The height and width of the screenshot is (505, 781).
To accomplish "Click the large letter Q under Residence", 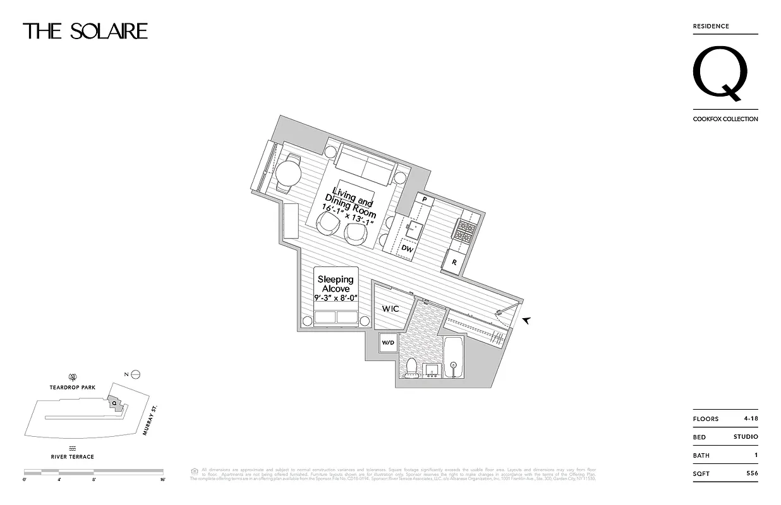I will [x=721, y=74].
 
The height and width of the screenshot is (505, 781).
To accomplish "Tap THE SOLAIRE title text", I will [x=85, y=31].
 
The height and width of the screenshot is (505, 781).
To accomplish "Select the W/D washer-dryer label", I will [x=387, y=343].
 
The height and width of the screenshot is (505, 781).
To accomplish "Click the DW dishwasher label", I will [x=408, y=249].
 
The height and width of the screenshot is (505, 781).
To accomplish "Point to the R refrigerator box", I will [x=454, y=261].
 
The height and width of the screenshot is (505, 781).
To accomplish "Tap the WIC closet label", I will [x=390, y=309].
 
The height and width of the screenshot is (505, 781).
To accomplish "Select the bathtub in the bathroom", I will [x=453, y=358].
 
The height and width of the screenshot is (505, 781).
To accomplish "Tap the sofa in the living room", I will [x=366, y=163].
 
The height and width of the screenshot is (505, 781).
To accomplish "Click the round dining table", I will [x=288, y=172].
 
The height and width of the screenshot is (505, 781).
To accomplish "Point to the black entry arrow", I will [x=526, y=321].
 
